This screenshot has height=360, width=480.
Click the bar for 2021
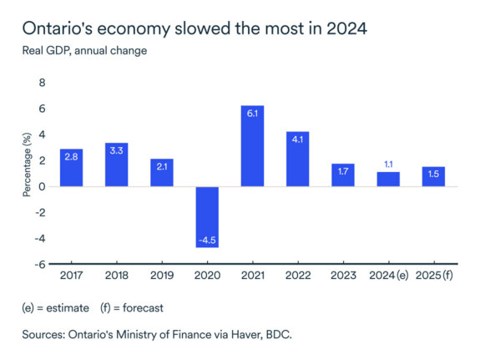[x=252, y=146]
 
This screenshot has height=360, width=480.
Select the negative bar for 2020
[x=207, y=216]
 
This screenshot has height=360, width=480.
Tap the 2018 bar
[x=116, y=165]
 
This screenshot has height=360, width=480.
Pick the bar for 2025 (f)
[x=433, y=176]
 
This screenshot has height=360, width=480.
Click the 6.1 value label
[x=252, y=112]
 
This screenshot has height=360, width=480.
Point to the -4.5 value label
[x=207, y=241]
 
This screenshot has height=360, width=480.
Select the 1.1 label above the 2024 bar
[x=388, y=165]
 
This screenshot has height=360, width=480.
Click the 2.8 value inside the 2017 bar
[x=71, y=156]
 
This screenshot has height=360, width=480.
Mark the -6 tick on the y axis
[x=38, y=264]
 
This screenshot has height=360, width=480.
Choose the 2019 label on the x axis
[x=162, y=276]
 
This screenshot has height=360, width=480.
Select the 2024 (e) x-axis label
[x=388, y=276]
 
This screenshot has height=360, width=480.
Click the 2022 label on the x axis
[x=297, y=276]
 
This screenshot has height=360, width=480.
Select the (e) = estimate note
[x=55, y=307]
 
